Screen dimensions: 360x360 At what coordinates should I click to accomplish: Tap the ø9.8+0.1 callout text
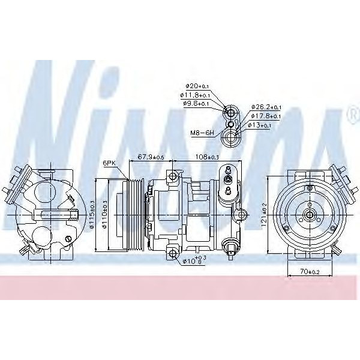196,103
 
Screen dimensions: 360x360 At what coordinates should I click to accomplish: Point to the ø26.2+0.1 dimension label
266,107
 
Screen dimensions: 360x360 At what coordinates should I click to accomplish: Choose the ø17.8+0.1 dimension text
266,116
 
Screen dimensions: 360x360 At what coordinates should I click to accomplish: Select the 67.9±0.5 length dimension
151,157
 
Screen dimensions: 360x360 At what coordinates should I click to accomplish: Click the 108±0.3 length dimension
207,157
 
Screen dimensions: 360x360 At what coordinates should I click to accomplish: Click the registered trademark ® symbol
350,114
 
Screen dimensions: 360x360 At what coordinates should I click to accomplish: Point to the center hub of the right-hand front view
309,214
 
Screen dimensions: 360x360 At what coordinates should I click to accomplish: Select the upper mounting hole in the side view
173,176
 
